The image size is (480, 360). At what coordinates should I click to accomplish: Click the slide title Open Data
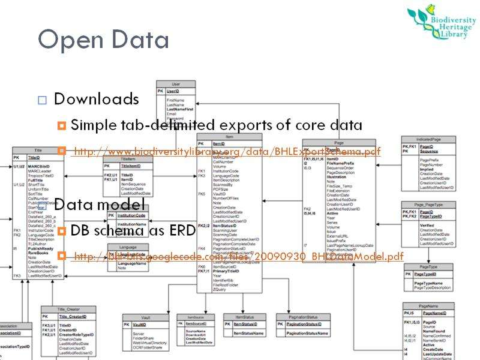(x=103, y=40)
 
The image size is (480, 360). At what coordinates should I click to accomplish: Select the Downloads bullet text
(x=97, y=98)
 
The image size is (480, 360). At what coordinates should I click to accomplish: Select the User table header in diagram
(x=176, y=83)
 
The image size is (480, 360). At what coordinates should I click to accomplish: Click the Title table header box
(x=38, y=150)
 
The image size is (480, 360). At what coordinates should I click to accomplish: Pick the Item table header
(x=229, y=137)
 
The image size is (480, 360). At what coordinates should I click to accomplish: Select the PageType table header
(x=428, y=266)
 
